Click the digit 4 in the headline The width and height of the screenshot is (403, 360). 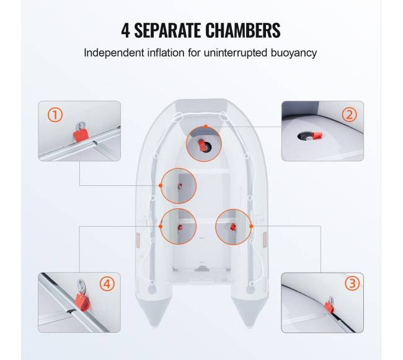click(x=125, y=30)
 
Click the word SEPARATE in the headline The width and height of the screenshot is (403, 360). click(x=167, y=30)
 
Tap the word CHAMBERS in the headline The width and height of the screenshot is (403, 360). click(x=243, y=30)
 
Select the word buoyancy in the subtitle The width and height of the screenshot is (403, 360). click(x=293, y=53)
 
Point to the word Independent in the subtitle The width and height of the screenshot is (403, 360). click(x=114, y=53)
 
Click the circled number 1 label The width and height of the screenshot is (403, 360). click(x=55, y=115)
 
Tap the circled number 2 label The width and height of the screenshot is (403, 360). click(x=349, y=115)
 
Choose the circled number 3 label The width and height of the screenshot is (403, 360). click(x=352, y=284)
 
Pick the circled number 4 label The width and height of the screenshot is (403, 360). click(x=107, y=284)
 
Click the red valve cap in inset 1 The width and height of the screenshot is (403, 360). click(x=81, y=135)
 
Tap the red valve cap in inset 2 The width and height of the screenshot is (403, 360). click(x=317, y=136)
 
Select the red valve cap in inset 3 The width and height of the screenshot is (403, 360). click(x=329, y=307)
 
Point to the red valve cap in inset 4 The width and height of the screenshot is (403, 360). click(x=82, y=302)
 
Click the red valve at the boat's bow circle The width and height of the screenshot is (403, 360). click(x=201, y=143)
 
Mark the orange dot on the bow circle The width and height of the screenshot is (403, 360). click(x=206, y=126)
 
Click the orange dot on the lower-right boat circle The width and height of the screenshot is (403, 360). click(x=251, y=226)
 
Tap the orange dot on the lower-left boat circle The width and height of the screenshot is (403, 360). click(x=161, y=226)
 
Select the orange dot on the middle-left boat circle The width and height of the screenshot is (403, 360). click(x=161, y=185)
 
